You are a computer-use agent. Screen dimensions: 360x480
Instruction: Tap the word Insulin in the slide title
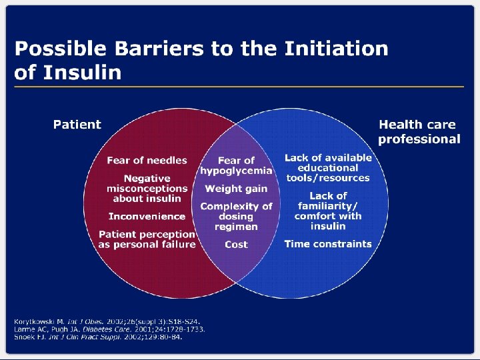(x=83, y=72)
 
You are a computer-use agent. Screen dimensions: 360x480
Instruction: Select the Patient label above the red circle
(x=77, y=125)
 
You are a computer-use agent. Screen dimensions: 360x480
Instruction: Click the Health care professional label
(x=419, y=131)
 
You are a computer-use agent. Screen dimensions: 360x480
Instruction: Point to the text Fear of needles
(x=147, y=160)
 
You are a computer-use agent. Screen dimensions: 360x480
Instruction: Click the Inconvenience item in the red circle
(x=147, y=216)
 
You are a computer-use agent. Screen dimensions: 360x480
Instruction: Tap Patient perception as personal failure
(x=147, y=239)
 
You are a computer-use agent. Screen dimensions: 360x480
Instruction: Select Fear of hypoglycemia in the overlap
(x=236, y=165)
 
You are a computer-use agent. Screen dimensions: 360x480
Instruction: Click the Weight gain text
(x=236, y=189)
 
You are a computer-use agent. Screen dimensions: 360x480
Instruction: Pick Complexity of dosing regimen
(x=236, y=216)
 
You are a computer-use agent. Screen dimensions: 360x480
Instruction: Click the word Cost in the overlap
(x=236, y=245)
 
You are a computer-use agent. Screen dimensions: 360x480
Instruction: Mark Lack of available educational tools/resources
(x=328, y=167)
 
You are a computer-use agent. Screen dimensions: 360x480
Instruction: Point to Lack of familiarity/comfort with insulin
(x=328, y=211)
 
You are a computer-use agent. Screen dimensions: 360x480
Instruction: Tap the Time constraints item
(x=328, y=244)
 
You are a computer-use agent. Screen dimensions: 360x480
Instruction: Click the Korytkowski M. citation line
(x=107, y=323)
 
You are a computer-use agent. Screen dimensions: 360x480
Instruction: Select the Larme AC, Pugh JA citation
(x=109, y=329)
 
